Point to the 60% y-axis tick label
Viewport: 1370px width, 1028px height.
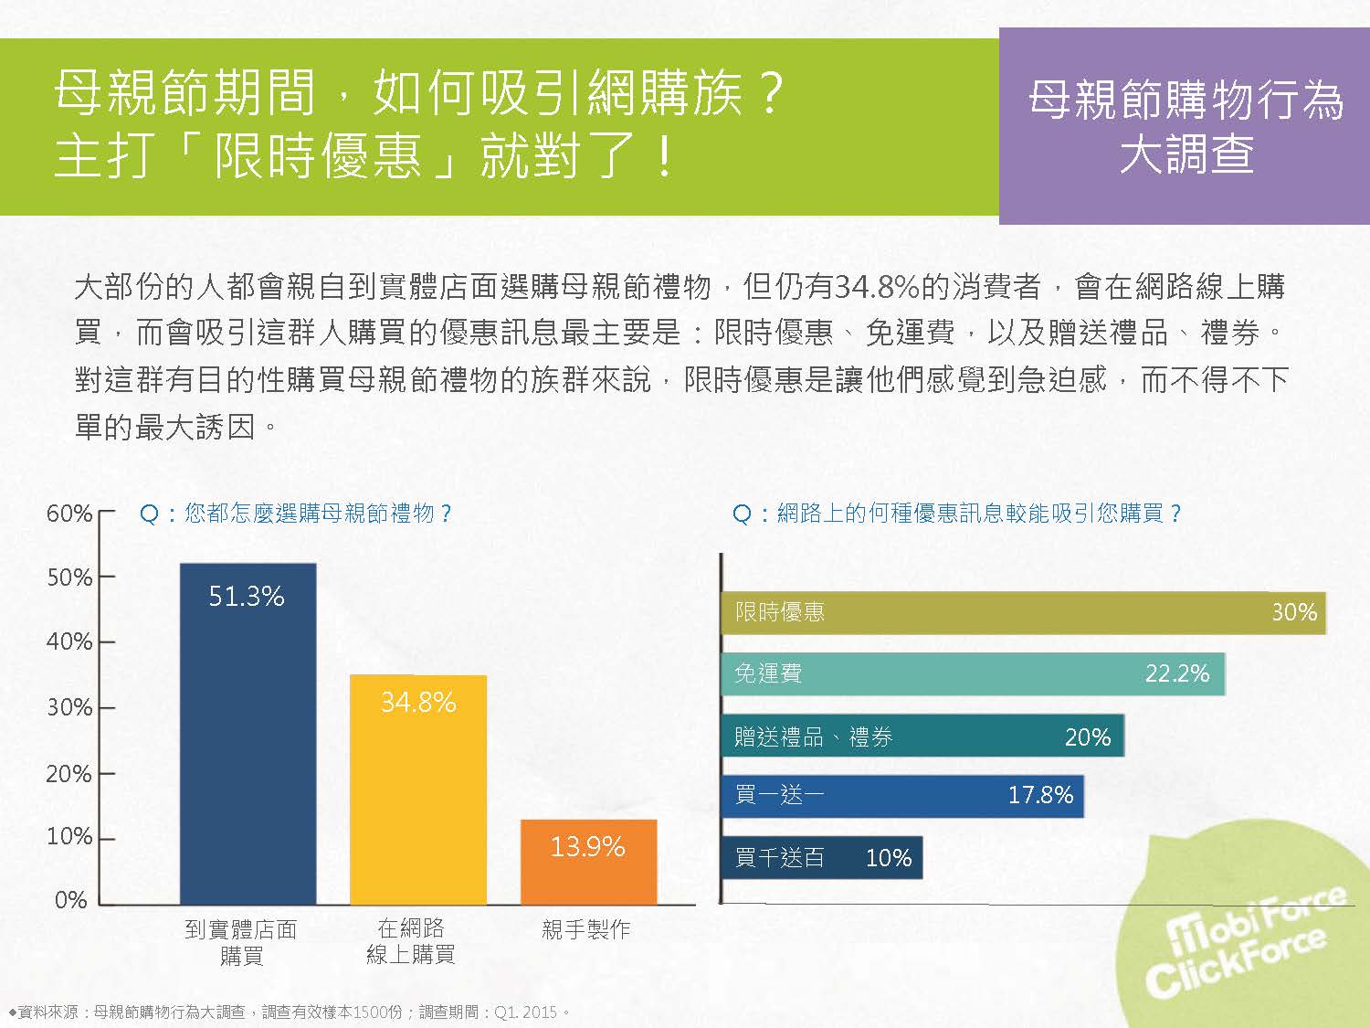coord(69,514)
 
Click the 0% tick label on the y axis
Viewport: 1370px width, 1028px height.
coord(70,900)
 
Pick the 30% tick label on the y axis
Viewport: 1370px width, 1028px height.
coord(69,707)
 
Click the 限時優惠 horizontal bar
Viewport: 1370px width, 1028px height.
coord(1023,612)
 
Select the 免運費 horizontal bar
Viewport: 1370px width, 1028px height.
coord(972,674)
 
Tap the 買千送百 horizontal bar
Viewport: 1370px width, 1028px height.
coord(821,858)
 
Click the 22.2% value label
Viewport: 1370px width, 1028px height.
coord(1176,674)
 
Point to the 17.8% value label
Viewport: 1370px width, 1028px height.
coord(1040,795)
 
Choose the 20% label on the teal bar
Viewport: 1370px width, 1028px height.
coord(1087,737)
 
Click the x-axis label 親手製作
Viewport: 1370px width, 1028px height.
coord(585,930)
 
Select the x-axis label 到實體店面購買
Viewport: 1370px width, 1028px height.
coord(241,942)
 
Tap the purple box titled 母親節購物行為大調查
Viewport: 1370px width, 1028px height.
coord(1185,126)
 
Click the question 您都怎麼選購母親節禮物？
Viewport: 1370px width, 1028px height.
coord(296,514)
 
